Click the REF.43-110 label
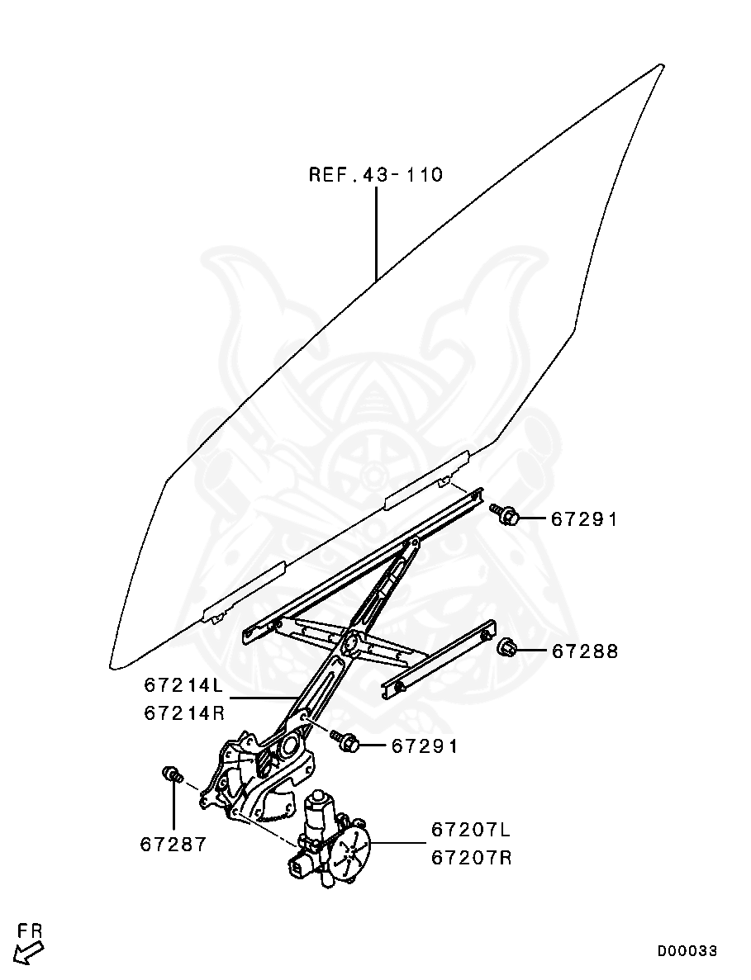pos(376,174)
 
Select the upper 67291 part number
pos(584,519)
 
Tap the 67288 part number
pos(585,652)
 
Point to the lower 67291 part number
pos(425,746)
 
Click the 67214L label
pos(184,685)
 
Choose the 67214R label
pos(184,713)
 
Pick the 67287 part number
pos(173,845)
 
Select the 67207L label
pos(471,830)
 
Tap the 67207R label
pos(472,858)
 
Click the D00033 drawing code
pos(687,950)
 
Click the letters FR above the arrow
pos(30,932)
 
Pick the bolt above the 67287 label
pos(172,775)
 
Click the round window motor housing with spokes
pos(350,850)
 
